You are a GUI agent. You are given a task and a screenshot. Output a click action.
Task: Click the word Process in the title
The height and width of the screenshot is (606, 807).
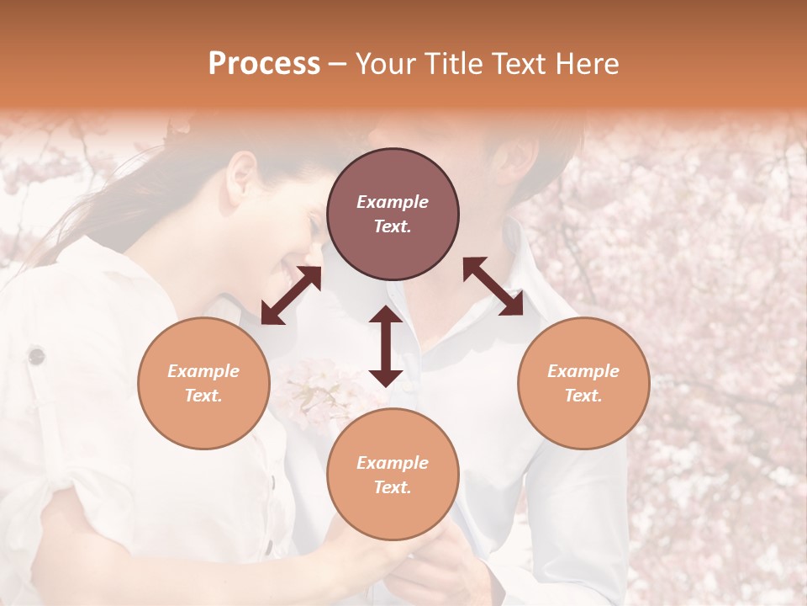pyautogui.click(x=264, y=64)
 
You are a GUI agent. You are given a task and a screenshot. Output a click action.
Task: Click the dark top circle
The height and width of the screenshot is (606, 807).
pyautogui.click(x=393, y=215)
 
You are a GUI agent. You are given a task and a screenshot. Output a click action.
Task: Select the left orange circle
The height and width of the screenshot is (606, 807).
pyautogui.click(x=203, y=383)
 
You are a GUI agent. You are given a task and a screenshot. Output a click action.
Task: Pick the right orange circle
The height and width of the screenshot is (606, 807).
pyautogui.click(x=583, y=383)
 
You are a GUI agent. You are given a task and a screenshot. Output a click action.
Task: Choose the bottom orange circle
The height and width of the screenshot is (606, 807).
pyautogui.click(x=393, y=475)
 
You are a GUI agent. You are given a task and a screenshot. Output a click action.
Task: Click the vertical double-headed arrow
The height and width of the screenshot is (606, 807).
pyautogui.click(x=386, y=346)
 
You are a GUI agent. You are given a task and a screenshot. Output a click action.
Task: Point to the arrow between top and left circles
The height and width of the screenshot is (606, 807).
pyautogui.click(x=291, y=295)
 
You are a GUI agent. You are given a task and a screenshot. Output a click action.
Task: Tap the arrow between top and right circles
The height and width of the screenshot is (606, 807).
pyautogui.click(x=493, y=286)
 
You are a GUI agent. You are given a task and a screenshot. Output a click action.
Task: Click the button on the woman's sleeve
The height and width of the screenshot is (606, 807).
pyautogui.click(x=36, y=356)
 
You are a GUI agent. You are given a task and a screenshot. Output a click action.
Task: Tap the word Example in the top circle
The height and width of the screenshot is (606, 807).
pyautogui.click(x=393, y=202)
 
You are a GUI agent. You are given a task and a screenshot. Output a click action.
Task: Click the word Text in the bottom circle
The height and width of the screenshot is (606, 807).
pyautogui.click(x=392, y=487)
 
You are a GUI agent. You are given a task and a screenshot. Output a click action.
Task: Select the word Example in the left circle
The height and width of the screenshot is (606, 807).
pyautogui.click(x=203, y=371)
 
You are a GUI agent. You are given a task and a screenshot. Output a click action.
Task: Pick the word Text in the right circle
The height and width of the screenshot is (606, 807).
pyautogui.click(x=583, y=396)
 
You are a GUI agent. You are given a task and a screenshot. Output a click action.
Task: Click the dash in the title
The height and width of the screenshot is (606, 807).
pyautogui.click(x=337, y=64)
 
